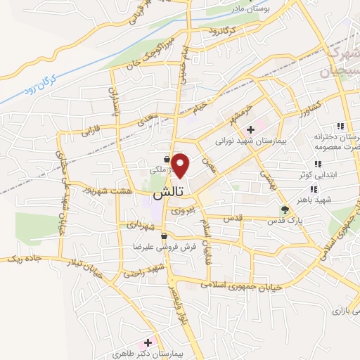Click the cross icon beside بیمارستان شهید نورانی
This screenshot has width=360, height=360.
click(x=250, y=129)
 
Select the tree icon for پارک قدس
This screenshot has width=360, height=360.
click(x=285, y=210)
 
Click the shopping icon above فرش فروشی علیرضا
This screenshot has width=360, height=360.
click(x=164, y=236)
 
